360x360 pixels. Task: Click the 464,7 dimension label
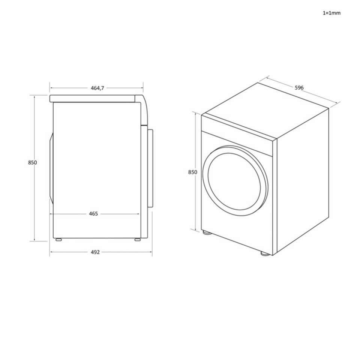click(x=97, y=88)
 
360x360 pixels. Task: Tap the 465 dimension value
click(x=93, y=214)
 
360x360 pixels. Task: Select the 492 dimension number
click(x=95, y=252)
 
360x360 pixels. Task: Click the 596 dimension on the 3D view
click(x=299, y=88)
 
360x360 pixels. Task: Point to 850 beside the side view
click(x=32, y=162)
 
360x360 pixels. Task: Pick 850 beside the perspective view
click(x=192, y=172)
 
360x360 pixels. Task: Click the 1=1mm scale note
click(x=331, y=13)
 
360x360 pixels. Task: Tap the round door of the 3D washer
click(x=236, y=180)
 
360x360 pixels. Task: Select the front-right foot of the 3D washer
click(x=265, y=253)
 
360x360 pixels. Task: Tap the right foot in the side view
click(x=137, y=239)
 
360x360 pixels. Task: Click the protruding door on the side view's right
click(x=150, y=168)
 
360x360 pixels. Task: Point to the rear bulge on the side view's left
click(x=50, y=169)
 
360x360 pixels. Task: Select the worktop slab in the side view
click(x=94, y=99)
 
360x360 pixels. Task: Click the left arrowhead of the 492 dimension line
click(x=51, y=252)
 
